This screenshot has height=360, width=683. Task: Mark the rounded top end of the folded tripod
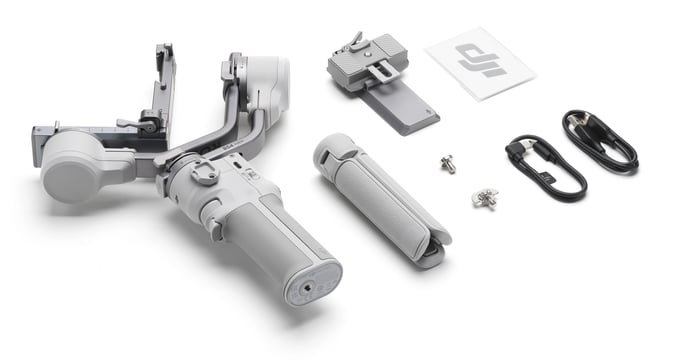(329, 148)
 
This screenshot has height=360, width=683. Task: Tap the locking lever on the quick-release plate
(353, 41)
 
